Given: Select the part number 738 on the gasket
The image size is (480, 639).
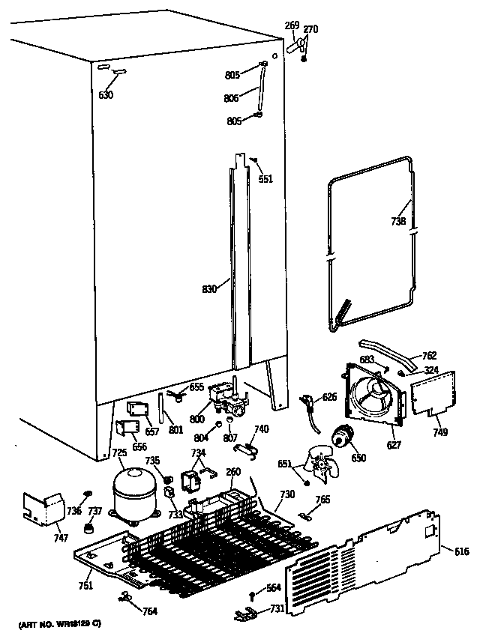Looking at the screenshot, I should point(399,221).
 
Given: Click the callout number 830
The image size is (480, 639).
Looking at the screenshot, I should point(209,288).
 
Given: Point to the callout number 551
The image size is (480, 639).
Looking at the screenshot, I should point(265,179).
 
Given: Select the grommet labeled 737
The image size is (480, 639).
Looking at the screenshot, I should point(91,529).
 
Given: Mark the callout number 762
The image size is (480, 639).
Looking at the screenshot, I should point(430,355).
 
